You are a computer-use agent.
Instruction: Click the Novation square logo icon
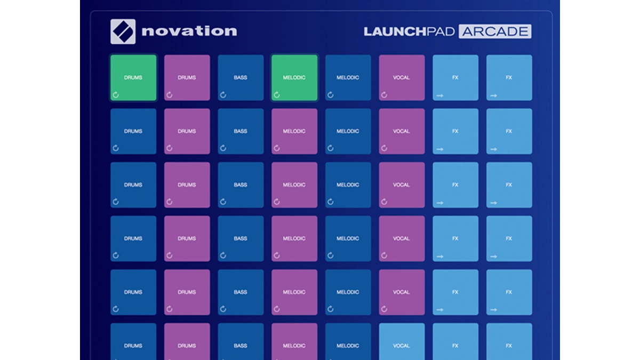point(123,31)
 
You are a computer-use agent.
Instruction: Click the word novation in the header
point(189,31)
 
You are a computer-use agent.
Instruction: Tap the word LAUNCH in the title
point(395,31)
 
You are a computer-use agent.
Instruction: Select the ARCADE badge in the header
point(495,31)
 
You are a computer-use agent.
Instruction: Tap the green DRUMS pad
point(133,78)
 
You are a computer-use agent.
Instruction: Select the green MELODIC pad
point(294,78)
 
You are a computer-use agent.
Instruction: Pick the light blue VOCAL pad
point(402,341)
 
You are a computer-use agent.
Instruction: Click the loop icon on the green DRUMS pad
point(116,95)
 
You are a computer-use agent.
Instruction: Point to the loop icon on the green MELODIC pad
point(277,95)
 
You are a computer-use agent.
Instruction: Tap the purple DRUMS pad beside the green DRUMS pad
point(187,78)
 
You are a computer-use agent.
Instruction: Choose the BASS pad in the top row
point(241,78)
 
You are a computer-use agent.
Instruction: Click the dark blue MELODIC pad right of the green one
point(348,78)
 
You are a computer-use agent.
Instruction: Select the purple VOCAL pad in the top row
point(402,78)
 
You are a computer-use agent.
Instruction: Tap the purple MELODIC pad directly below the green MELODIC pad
point(294,131)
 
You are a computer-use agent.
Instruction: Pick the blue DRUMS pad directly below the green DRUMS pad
point(133,131)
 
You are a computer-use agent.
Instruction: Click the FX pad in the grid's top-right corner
point(509,78)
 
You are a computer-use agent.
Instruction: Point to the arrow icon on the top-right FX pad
point(494,95)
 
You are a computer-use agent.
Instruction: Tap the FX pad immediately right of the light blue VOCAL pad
point(455,341)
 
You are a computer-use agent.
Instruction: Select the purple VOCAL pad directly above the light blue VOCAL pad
point(402,292)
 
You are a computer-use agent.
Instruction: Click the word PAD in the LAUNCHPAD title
point(441,31)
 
